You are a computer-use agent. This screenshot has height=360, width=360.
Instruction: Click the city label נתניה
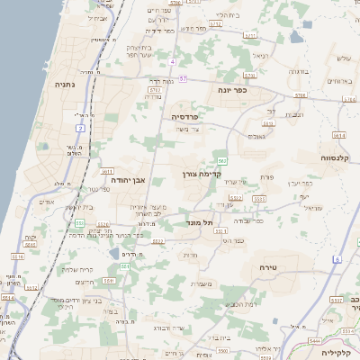(66, 85)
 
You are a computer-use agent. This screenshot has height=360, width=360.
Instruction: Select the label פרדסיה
(190, 117)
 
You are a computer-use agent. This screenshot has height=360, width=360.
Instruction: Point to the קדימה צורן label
(201, 174)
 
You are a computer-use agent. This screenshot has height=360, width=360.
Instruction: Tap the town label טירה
(267, 268)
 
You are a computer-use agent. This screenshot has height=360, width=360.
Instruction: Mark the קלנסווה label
(337, 157)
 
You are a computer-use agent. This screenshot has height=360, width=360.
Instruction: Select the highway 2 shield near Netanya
(79, 129)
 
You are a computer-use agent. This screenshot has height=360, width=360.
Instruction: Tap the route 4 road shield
(171, 61)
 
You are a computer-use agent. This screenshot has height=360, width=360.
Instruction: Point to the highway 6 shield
(337, 259)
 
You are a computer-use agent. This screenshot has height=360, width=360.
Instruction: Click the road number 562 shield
(220, 161)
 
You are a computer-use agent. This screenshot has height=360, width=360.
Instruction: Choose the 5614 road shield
(7, 297)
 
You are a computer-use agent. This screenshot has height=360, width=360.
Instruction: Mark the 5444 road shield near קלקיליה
(315, 342)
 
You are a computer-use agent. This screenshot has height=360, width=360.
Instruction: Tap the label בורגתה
(298, 72)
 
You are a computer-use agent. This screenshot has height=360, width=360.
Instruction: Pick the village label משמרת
(202, 284)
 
